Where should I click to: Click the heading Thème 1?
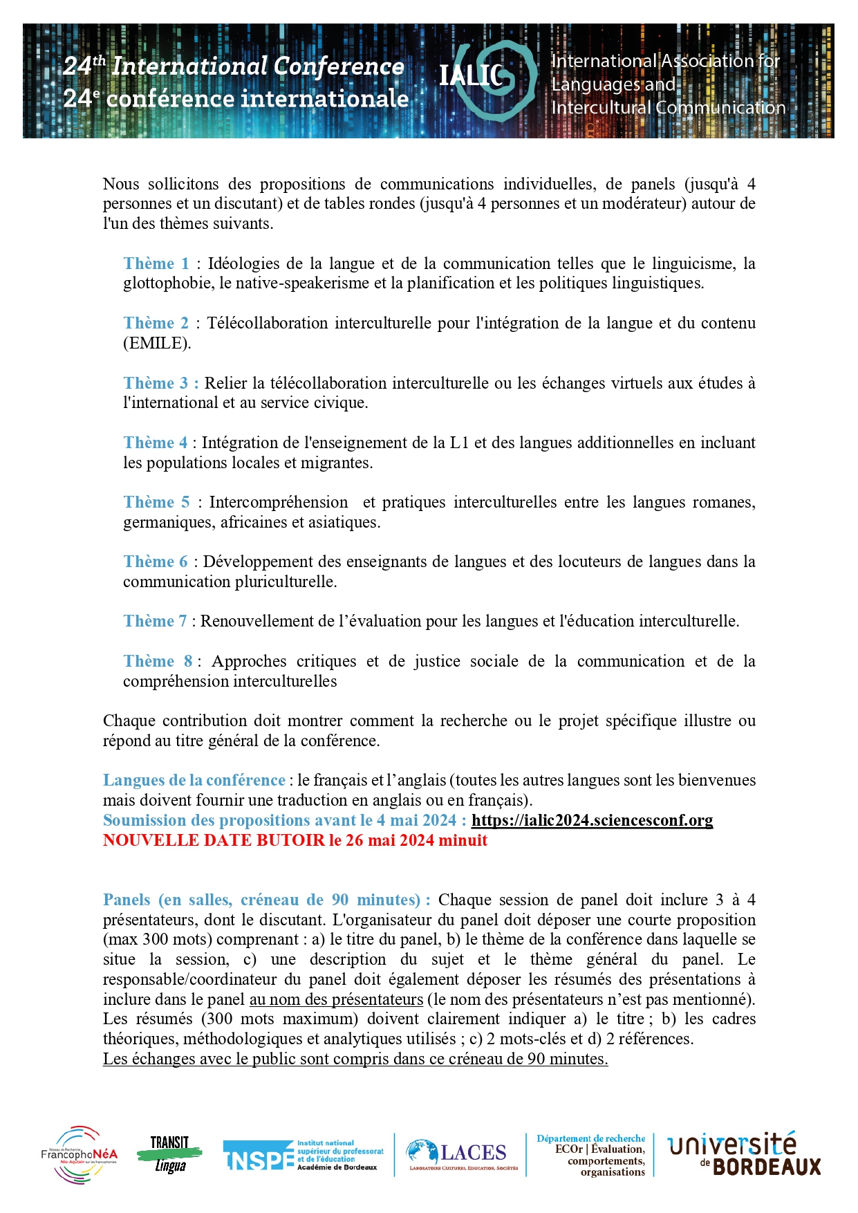click(x=156, y=263)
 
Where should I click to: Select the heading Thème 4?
click(x=156, y=443)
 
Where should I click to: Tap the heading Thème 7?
click(x=155, y=621)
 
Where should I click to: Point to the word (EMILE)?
click(x=156, y=343)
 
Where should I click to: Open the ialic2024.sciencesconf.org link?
click(x=592, y=820)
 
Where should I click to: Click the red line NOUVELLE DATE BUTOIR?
click(x=295, y=840)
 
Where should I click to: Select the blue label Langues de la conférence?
click(x=194, y=780)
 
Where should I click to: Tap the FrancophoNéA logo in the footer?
click(x=79, y=1154)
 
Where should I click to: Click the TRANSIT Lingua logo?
click(x=170, y=1154)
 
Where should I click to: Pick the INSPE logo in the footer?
click(x=303, y=1155)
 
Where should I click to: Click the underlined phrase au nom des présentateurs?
click(x=336, y=999)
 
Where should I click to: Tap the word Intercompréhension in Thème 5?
click(x=279, y=502)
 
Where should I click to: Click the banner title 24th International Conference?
click(x=234, y=66)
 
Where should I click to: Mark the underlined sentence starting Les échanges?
click(x=355, y=1059)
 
